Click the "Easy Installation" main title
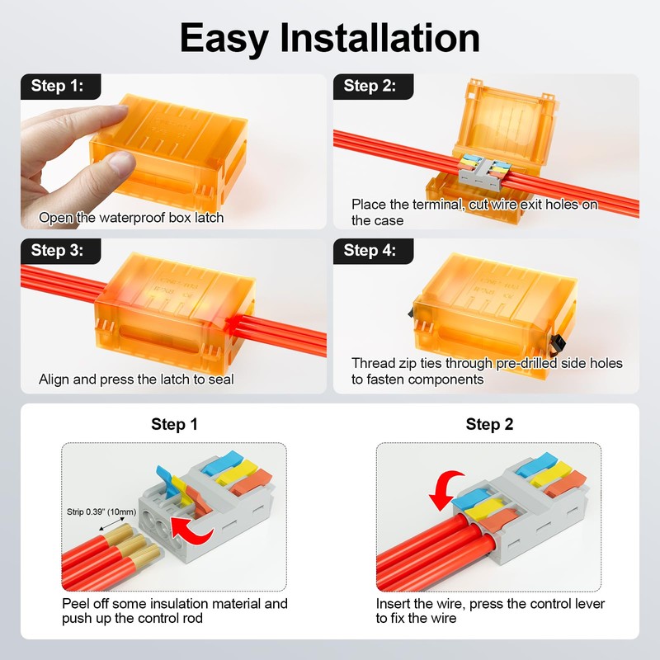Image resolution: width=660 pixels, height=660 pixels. pos(329,38)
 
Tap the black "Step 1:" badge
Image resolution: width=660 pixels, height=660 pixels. pos(60,87)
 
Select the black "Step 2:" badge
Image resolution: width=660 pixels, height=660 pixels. pos(373,87)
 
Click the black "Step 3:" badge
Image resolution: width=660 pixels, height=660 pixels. pos(60,252)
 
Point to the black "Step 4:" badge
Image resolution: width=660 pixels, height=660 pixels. pos(373,252)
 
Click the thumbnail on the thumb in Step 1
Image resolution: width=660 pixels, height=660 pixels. pos(122,161)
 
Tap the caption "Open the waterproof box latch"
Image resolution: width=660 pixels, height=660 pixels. pos(131,218)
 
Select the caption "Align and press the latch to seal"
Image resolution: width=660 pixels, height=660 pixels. pos(136,379)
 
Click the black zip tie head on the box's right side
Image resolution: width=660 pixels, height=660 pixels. pos(558,344)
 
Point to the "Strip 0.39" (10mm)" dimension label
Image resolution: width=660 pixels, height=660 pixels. pos(101,511)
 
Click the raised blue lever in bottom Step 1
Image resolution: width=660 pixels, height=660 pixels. pos(167,483)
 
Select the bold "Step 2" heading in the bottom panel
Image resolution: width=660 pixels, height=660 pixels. pos(489,424)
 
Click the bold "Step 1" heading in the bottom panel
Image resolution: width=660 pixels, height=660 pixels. pos(174,424)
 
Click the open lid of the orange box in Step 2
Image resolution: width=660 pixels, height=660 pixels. pos(506,119)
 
